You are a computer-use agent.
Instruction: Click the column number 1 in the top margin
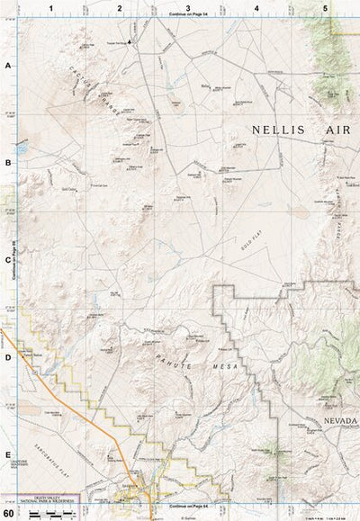[51, 7]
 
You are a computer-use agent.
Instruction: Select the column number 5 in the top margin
[325, 7]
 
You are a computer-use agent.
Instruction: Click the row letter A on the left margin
[7, 66]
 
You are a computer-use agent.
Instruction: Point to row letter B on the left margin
[7, 163]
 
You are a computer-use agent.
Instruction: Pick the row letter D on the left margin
[7, 358]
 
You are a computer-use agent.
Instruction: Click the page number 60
[8, 513]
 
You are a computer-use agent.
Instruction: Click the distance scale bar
[49, 515]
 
